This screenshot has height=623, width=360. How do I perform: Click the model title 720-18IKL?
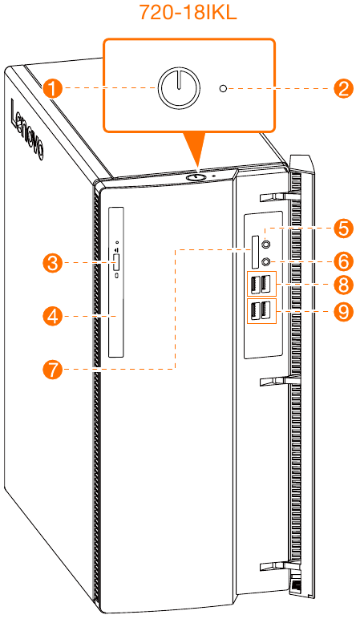[188, 12]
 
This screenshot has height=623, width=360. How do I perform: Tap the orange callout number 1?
[53, 88]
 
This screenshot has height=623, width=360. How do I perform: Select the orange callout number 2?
[342, 88]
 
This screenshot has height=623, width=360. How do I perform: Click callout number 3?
[53, 263]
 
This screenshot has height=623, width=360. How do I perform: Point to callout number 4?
[53, 316]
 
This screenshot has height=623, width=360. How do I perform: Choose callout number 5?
[343, 229]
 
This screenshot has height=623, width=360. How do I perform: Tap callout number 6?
[343, 261]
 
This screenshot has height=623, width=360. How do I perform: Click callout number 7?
[53, 370]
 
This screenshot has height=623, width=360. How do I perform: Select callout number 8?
[343, 285]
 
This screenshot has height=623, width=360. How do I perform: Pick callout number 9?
[343, 312]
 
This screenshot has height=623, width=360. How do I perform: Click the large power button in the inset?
[180, 87]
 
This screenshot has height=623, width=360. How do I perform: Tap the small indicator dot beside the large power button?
[224, 89]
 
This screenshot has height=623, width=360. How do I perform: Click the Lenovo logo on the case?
[26, 129]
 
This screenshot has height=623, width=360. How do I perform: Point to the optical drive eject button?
[117, 263]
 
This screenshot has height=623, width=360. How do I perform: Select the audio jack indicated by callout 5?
[268, 243]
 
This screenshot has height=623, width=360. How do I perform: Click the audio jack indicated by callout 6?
[268, 261]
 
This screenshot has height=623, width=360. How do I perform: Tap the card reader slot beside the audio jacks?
[256, 253]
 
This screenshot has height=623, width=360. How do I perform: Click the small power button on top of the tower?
[194, 177]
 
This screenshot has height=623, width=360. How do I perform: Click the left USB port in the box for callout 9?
[254, 309]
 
